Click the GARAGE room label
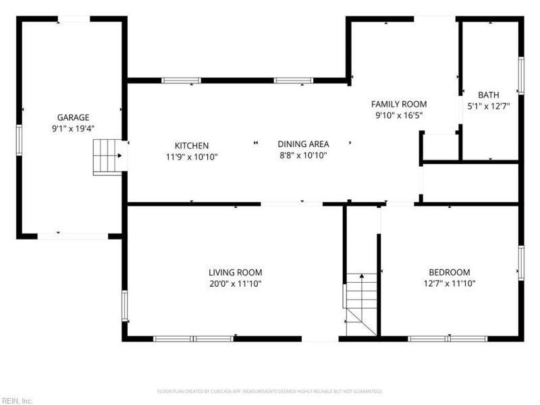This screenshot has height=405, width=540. coord(73,117)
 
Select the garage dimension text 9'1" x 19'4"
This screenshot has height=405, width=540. coord(73,129)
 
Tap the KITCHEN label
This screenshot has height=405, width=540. coord(192,146)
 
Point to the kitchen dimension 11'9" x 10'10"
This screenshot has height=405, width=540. coord(192,157)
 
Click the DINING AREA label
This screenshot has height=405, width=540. coord(303,144)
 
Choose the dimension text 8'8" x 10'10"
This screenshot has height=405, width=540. coord(303,155)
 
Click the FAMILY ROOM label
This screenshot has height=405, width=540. coord(399,104)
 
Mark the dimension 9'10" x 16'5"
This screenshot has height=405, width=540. coord(399,115)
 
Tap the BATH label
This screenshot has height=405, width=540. coord(488,94)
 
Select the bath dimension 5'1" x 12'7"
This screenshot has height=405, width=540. coord(488,106)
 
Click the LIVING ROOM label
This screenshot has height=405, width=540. coord(235,273)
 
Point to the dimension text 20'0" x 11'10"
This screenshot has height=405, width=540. coord(235,283)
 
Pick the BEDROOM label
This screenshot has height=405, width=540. coord(450,272)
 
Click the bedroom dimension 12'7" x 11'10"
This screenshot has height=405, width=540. coord(450,283)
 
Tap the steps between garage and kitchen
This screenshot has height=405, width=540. coord(107,157)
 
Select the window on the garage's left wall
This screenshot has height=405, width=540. coord(20,140)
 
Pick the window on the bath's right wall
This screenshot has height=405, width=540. coord(521,76)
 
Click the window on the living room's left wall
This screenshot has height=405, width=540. coord(125,306)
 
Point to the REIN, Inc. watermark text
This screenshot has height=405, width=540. coord(16,401)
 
